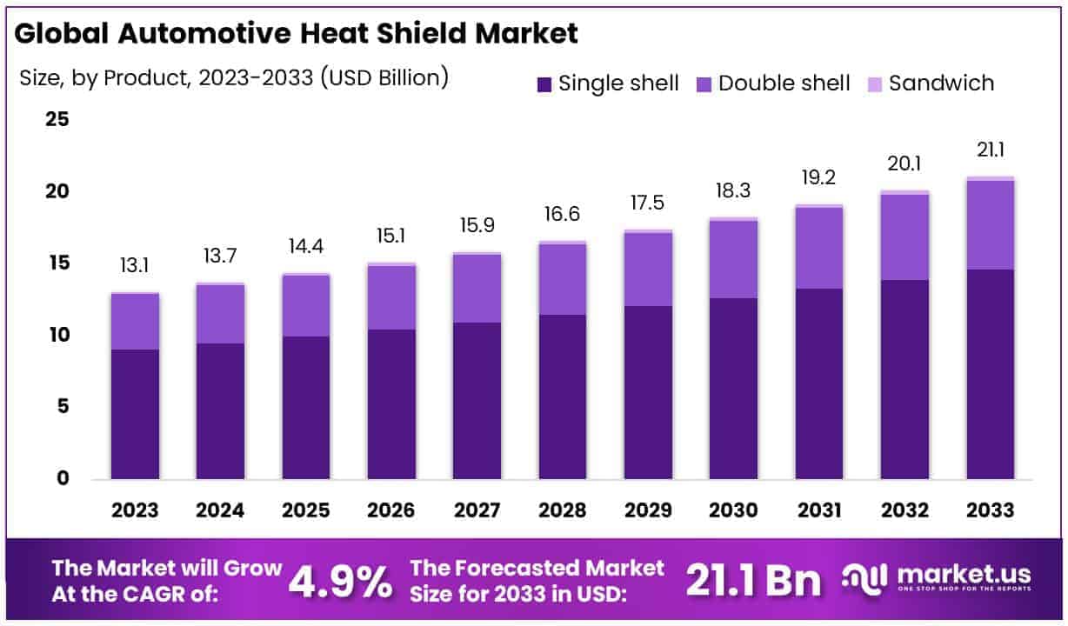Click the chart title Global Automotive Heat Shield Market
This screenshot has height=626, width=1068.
[x=297, y=34]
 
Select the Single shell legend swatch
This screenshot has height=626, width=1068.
[x=545, y=84]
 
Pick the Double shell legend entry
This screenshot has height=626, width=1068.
[x=773, y=83]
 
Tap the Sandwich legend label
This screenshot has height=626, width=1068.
[x=941, y=83]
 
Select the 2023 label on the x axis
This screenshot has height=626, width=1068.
[x=135, y=510]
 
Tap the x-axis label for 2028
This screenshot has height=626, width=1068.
[x=563, y=510]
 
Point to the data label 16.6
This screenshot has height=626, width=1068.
[x=563, y=215]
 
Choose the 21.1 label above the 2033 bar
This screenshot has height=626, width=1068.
[x=991, y=151]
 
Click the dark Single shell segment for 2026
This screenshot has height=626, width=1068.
[x=391, y=404]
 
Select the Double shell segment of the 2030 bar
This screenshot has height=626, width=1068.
[x=734, y=259]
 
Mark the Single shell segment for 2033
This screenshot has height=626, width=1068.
[x=991, y=374]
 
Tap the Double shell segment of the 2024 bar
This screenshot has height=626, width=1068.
[x=220, y=314]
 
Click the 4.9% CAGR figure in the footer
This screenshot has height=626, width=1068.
[x=340, y=582]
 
